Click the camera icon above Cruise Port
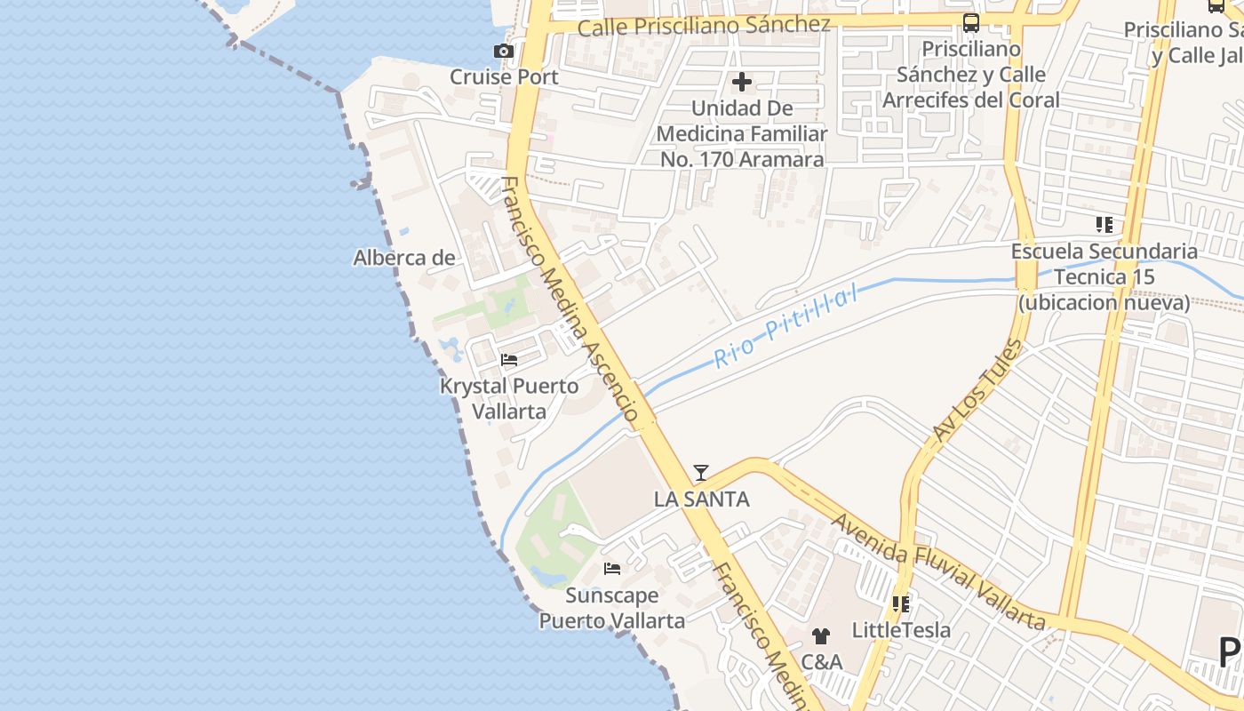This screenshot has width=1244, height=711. click(x=504, y=52)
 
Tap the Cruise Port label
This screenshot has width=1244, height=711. click(x=504, y=76)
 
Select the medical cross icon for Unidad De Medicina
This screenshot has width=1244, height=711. click(x=742, y=83)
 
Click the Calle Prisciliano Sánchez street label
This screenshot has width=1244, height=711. click(x=704, y=26)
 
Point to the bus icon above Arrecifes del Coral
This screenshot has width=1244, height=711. click(x=971, y=23)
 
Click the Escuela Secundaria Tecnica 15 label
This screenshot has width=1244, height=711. click(x=1104, y=276)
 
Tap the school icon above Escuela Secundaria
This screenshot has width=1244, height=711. click(x=1104, y=225)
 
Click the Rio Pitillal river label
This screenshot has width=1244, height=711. click(x=786, y=326)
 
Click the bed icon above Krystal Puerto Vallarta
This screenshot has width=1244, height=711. click(x=509, y=360)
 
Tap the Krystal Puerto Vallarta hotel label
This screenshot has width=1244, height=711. click(x=509, y=399)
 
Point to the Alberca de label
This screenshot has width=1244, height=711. click(x=404, y=258)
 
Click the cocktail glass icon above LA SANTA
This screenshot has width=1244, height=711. click(x=701, y=473)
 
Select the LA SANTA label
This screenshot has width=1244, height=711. click(x=701, y=499)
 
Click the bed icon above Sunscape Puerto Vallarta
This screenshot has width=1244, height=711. click(x=612, y=569)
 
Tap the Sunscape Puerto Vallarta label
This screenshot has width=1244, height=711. click(x=612, y=608)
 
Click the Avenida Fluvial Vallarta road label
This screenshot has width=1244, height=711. click(x=937, y=572)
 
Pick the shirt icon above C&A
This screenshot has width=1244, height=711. click(x=821, y=636)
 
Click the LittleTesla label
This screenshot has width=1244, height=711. click(x=901, y=630)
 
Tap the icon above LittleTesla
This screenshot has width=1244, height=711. click(x=901, y=604)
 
